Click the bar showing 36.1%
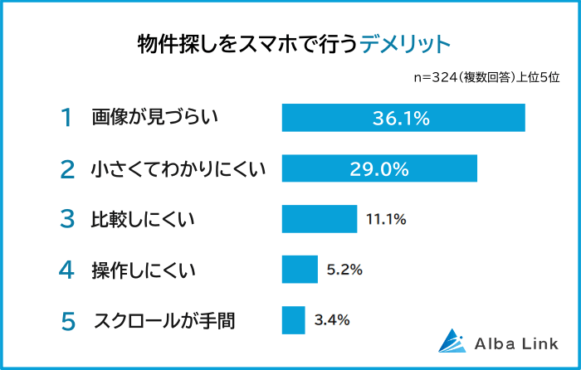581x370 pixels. (403, 118)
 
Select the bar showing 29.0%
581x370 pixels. (379, 168)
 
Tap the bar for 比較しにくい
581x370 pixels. (320, 219)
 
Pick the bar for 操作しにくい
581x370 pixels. (300, 269)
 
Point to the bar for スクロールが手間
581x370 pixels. (294, 319)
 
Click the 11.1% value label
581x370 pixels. (385, 219)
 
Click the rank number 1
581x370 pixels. (67, 118)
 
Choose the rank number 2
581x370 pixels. (67, 169)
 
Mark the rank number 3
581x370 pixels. (67, 220)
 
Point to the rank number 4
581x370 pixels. (67, 270)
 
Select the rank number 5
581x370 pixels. (67, 320)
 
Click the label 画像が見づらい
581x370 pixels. (154, 118)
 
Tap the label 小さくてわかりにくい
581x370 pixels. (177, 169)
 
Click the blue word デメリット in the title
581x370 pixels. (406, 43)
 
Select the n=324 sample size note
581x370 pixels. (486, 77)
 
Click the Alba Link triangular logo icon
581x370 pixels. (454, 341)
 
